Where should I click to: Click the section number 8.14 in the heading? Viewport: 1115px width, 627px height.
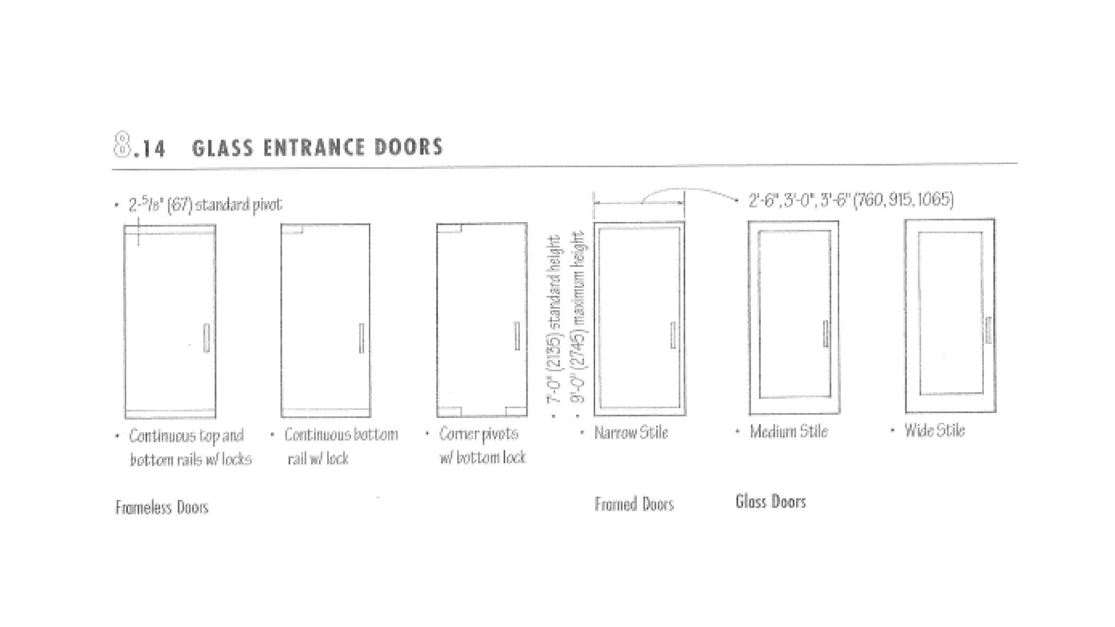pyautogui.click(x=139, y=147)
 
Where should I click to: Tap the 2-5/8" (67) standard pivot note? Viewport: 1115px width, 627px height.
pyautogui.click(x=205, y=205)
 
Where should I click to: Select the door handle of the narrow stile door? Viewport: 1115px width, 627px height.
pyautogui.click(x=673, y=335)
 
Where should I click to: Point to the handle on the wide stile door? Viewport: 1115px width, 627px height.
pyautogui.click(x=989, y=330)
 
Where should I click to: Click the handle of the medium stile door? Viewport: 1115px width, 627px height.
pyautogui.click(x=826, y=333)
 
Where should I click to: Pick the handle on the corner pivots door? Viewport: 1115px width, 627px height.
pyautogui.click(x=517, y=336)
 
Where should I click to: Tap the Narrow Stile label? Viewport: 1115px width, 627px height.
pyautogui.click(x=630, y=433)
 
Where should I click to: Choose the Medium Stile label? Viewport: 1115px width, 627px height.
pyautogui.click(x=788, y=432)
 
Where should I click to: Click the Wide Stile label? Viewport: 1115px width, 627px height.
pyautogui.click(x=934, y=431)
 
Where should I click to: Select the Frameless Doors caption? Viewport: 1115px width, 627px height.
pyautogui.click(x=162, y=507)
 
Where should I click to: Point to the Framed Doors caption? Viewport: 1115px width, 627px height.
pyautogui.click(x=634, y=504)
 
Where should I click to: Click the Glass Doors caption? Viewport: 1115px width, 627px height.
pyautogui.click(x=770, y=501)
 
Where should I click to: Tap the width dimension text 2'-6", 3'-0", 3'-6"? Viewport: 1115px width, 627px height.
pyautogui.click(x=850, y=200)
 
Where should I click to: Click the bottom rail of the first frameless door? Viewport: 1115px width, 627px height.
pyautogui.click(x=170, y=414)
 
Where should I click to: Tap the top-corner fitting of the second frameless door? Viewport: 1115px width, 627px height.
pyautogui.click(x=292, y=229)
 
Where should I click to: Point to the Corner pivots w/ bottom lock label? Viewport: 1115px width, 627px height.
pyautogui.click(x=482, y=445)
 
